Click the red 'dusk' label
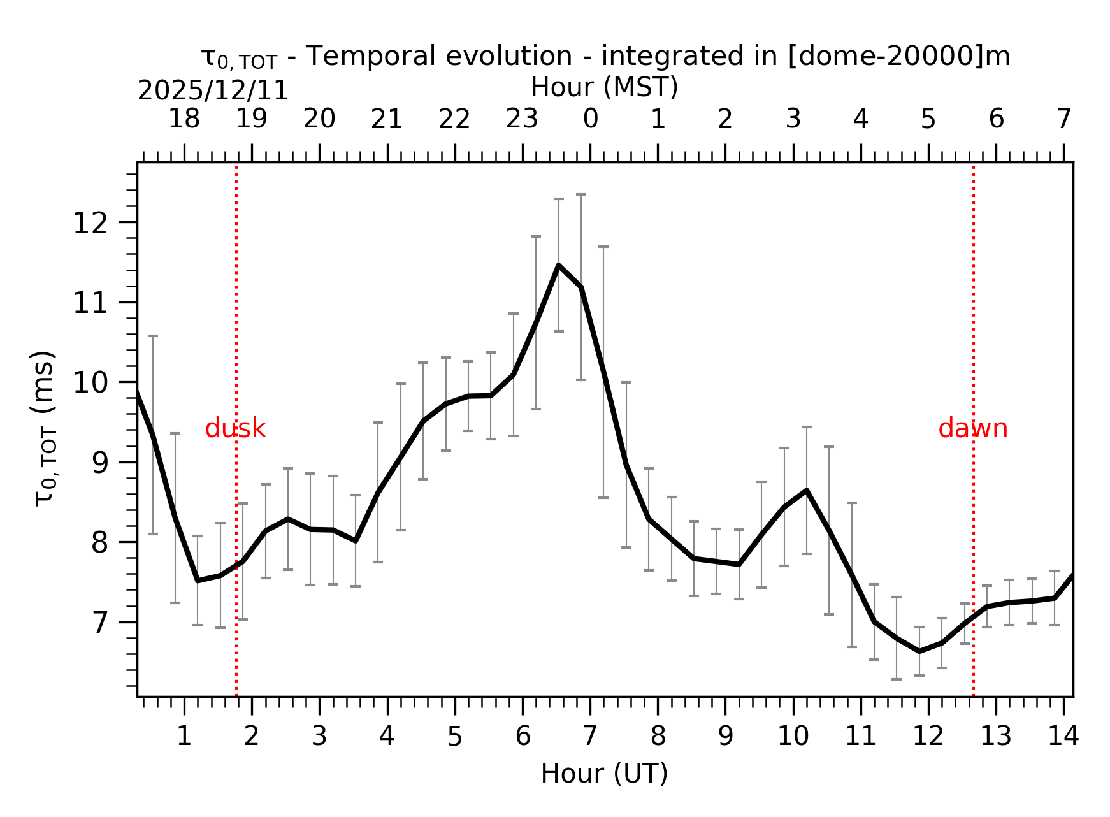pyautogui.click(x=235, y=429)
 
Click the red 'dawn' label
pyautogui.click(x=972, y=429)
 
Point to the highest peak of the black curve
pyautogui.click(x=558, y=265)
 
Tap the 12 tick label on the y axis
pyautogui.click(x=89, y=224)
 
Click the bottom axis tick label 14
pyautogui.click(x=1063, y=737)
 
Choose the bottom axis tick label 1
pyautogui.click(x=184, y=737)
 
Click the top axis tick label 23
pyautogui.click(x=522, y=119)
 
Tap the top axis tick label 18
pyautogui.click(x=184, y=119)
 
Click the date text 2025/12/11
pyautogui.click(x=213, y=91)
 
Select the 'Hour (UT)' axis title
pyautogui.click(x=604, y=774)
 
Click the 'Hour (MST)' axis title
pyautogui.click(x=604, y=87)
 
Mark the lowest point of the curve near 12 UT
pyautogui.click(x=919, y=651)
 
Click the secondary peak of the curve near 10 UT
pyautogui.click(x=807, y=490)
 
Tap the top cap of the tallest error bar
pyautogui.click(x=581, y=194)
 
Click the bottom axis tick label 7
pyautogui.click(x=590, y=737)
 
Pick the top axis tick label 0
pyautogui.click(x=590, y=119)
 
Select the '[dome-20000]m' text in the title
pyautogui.click(x=898, y=56)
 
